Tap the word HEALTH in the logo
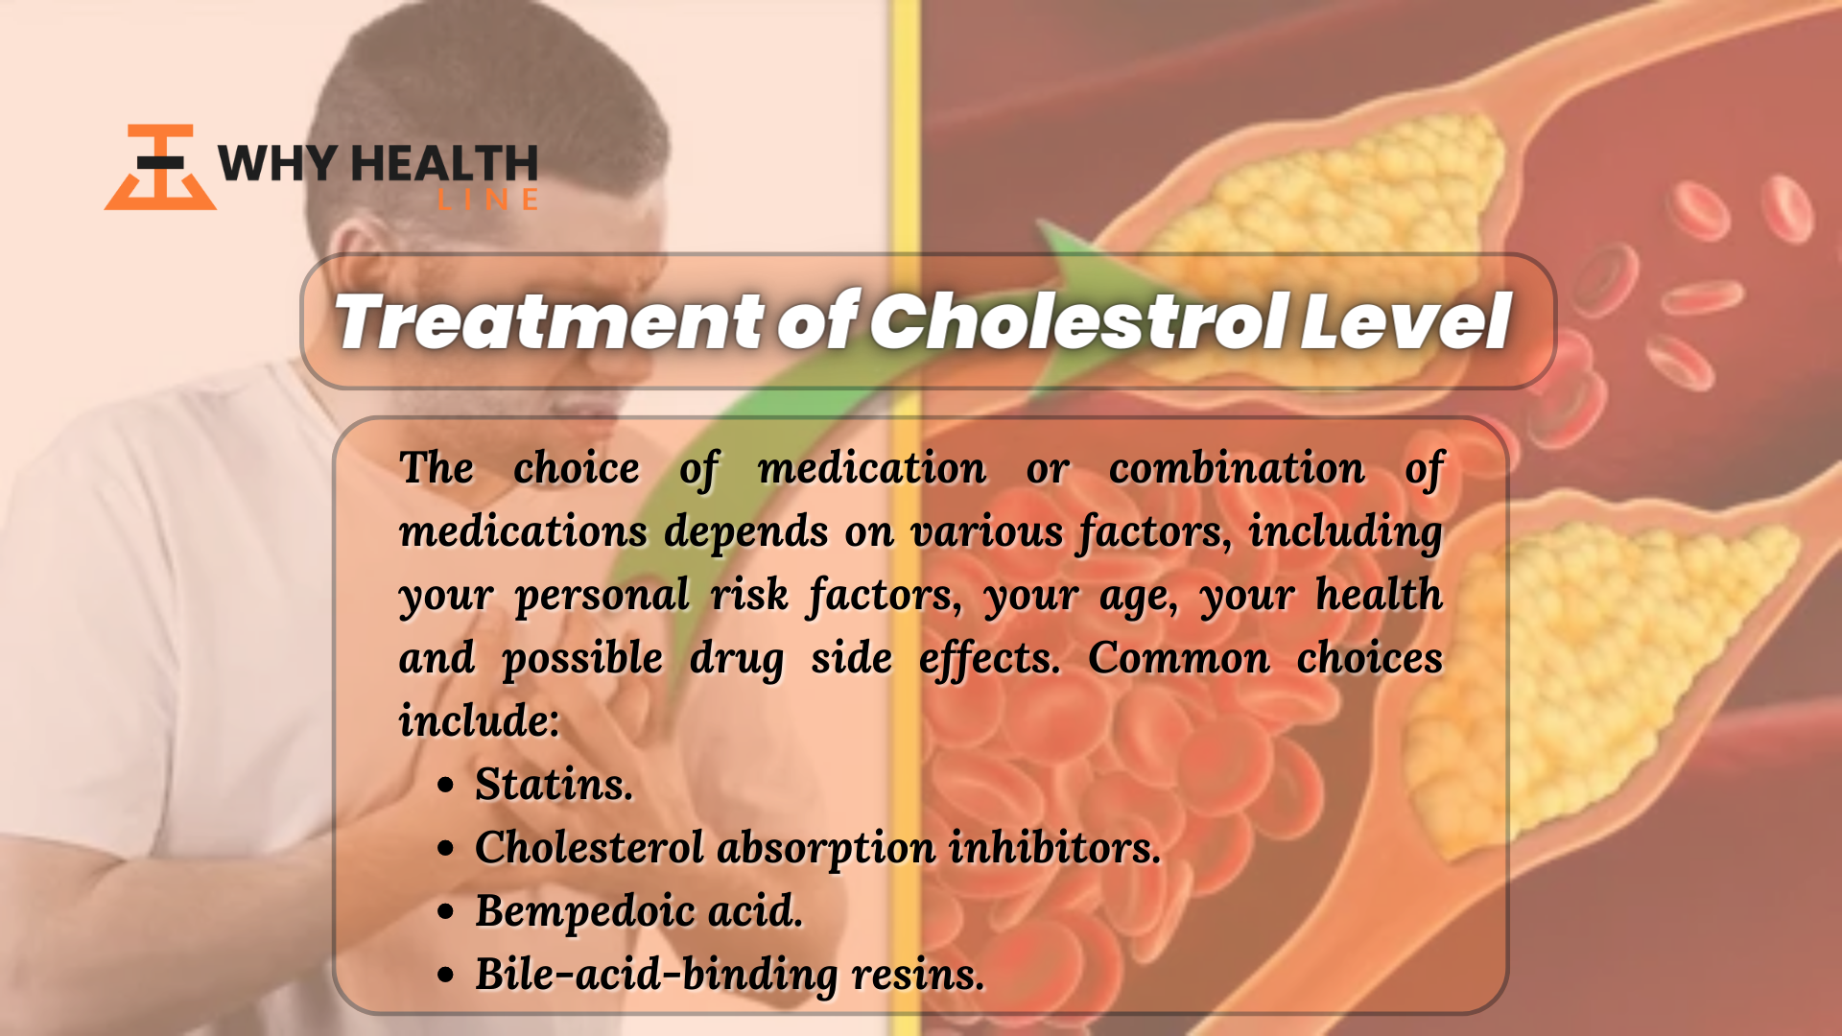[444, 164]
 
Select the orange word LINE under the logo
[487, 200]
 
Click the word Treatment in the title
[550, 321]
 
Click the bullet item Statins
[555, 785]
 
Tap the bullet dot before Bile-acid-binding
[445, 976]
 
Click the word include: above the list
[479, 720]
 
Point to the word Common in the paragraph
[1179, 658]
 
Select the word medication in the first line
[872, 468]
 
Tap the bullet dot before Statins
[445, 786]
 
